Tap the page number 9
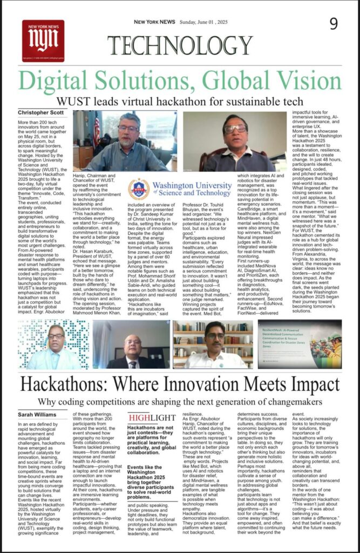click(334, 24)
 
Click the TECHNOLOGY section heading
click(180, 45)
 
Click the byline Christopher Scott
click(42, 112)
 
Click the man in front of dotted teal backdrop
click(56, 346)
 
